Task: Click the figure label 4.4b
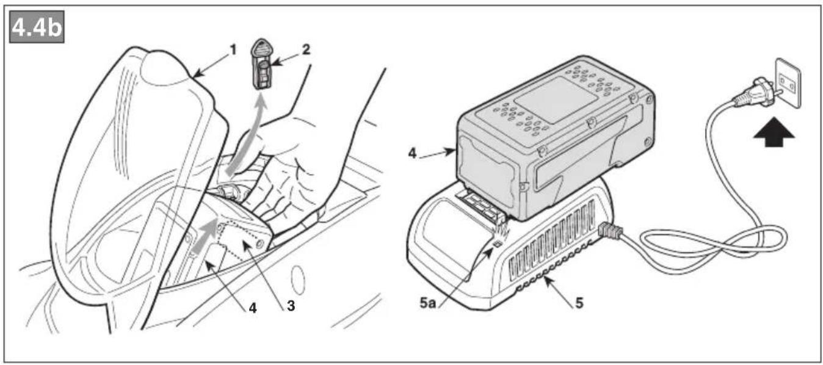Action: pyautogui.click(x=37, y=27)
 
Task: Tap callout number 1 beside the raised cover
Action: pyautogui.click(x=233, y=50)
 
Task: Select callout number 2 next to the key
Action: pyautogui.click(x=306, y=49)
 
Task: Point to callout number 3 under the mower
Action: pyautogui.click(x=291, y=306)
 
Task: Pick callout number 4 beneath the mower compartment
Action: pyautogui.click(x=253, y=308)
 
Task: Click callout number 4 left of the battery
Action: pyautogui.click(x=413, y=153)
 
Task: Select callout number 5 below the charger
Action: pyautogui.click(x=579, y=303)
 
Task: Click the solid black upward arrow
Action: pyautogui.click(x=774, y=132)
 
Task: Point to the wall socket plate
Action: pyautogui.click(x=788, y=83)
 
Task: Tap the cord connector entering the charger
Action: pyautogui.click(x=610, y=231)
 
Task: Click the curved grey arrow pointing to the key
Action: pyautogui.click(x=245, y=136)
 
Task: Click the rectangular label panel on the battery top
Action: pyautogui.click(x=556, y=100)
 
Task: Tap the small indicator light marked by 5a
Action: pyautogui.click(x=498, y=244)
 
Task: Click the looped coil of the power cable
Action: pyautogui.click(x=712, y=242)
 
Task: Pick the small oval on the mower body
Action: pyautogui.click(x=299, y=280)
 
